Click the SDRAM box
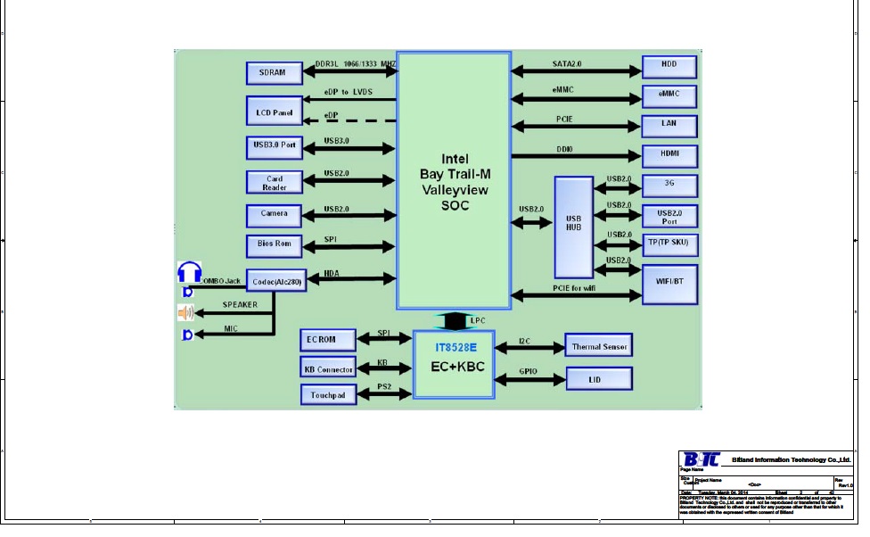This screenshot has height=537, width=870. (x=273, y=72)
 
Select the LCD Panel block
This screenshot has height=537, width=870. (x=273, y=112)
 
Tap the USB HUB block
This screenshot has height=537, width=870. (x=573, y=227)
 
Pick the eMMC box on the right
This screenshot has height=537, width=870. (x=669, y=95)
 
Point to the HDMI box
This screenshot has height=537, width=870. (x=669, y=154)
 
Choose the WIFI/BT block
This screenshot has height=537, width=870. (x=669, y=283)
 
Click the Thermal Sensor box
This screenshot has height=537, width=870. (x=599, y=346)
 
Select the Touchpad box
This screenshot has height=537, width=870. (x=327, y=394)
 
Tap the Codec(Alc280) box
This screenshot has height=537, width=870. (x=275, y=282)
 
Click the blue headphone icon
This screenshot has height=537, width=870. (x=189, y=272)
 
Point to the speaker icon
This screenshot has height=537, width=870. (x=185, y=312)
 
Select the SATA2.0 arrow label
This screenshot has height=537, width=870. (x=567, y=64)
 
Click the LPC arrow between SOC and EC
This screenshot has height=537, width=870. (x=454, y=320)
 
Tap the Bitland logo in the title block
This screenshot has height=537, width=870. (x=702, y=460)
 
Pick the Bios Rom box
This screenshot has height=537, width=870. (x=274, y=244)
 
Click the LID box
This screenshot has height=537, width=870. (x=599, y=379)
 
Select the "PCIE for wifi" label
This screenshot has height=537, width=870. (x=574, y=288)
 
